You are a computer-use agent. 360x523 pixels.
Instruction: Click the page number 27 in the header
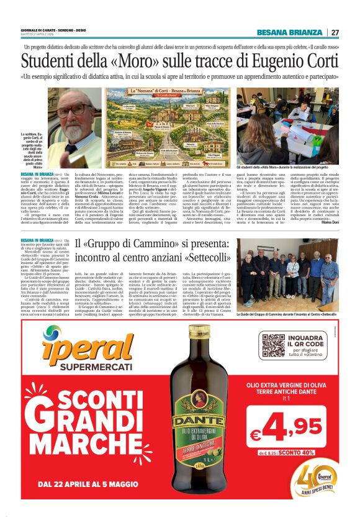point(335,32)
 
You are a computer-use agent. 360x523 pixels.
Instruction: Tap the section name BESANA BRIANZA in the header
point(289,32)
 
